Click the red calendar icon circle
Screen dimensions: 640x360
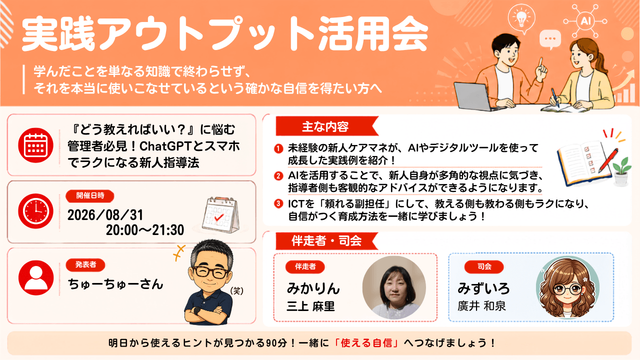click(x=35, y=145)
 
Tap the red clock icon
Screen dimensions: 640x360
click(x=35, y=211)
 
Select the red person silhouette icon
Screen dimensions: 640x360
click(x=36, y=277)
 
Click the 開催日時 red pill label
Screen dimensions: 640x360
click(x=90, y=195)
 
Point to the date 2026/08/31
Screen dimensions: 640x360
click(x=105, y=215)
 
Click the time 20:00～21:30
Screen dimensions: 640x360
click(x=145, y=230)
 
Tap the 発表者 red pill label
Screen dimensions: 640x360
click(x=85, y=264)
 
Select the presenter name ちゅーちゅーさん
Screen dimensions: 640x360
click(x=115, y=284)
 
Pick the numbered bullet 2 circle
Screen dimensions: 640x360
click(x=278, y=176)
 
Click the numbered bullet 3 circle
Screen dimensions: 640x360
click(x=278, y=203)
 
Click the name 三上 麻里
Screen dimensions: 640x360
click(x=310, y=306)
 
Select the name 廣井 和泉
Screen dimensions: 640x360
click(x=481, y=306)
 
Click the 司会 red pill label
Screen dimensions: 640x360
click(x=484, y=266)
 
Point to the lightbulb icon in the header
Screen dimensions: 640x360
click(x=522, y=18)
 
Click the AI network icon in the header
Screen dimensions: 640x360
click(x=585, y=21)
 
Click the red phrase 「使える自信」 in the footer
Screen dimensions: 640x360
click(x=366, y=342)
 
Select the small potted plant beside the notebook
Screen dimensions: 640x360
click(x=621, y=171)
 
